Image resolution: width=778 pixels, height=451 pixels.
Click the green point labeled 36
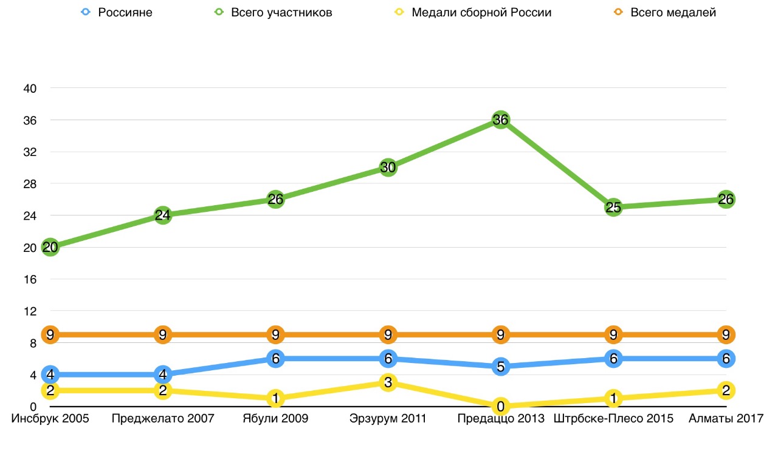[x=500, y=120]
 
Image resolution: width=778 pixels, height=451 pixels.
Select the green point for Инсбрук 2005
[x=50, y=247]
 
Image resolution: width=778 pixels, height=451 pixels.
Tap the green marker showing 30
[x=388, y=168]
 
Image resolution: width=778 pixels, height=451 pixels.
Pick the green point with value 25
[x=613, y=208]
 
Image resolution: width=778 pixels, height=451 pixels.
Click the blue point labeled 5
[x=500, y=367]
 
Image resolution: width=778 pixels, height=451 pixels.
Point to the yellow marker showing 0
[x=500, y=406]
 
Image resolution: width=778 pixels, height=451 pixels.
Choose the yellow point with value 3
[x=388, y=382]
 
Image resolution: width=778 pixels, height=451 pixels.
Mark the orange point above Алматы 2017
[x=726, y=334]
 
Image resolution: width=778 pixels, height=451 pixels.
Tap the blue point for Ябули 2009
[x=275, y=359]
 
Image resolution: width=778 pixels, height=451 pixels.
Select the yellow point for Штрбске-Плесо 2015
[x=613, y=398]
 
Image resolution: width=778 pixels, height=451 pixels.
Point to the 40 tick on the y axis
[x=30, y=89]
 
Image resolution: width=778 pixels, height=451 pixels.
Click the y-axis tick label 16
[x=30, y=279]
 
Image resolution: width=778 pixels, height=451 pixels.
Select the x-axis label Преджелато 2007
[x=163, y=419]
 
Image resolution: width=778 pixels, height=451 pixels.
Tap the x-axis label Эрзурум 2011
[x=388, y=419]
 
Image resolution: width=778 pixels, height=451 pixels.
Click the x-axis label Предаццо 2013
[x=500, y=419]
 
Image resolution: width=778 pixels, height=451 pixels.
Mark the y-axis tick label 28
[x=30, y=184]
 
